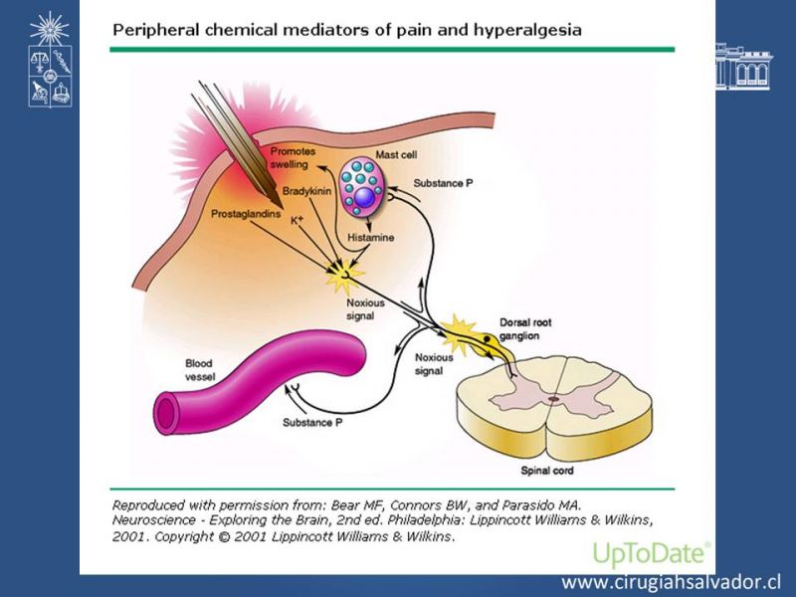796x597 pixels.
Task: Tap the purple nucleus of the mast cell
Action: (x=366, y=198)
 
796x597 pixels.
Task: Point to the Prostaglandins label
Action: (x=245, y=213)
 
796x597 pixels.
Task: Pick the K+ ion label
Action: (x=297, y=219)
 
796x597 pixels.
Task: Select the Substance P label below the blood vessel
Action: (x=312, y=423)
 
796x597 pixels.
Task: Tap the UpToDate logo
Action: (x=651, y=553)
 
